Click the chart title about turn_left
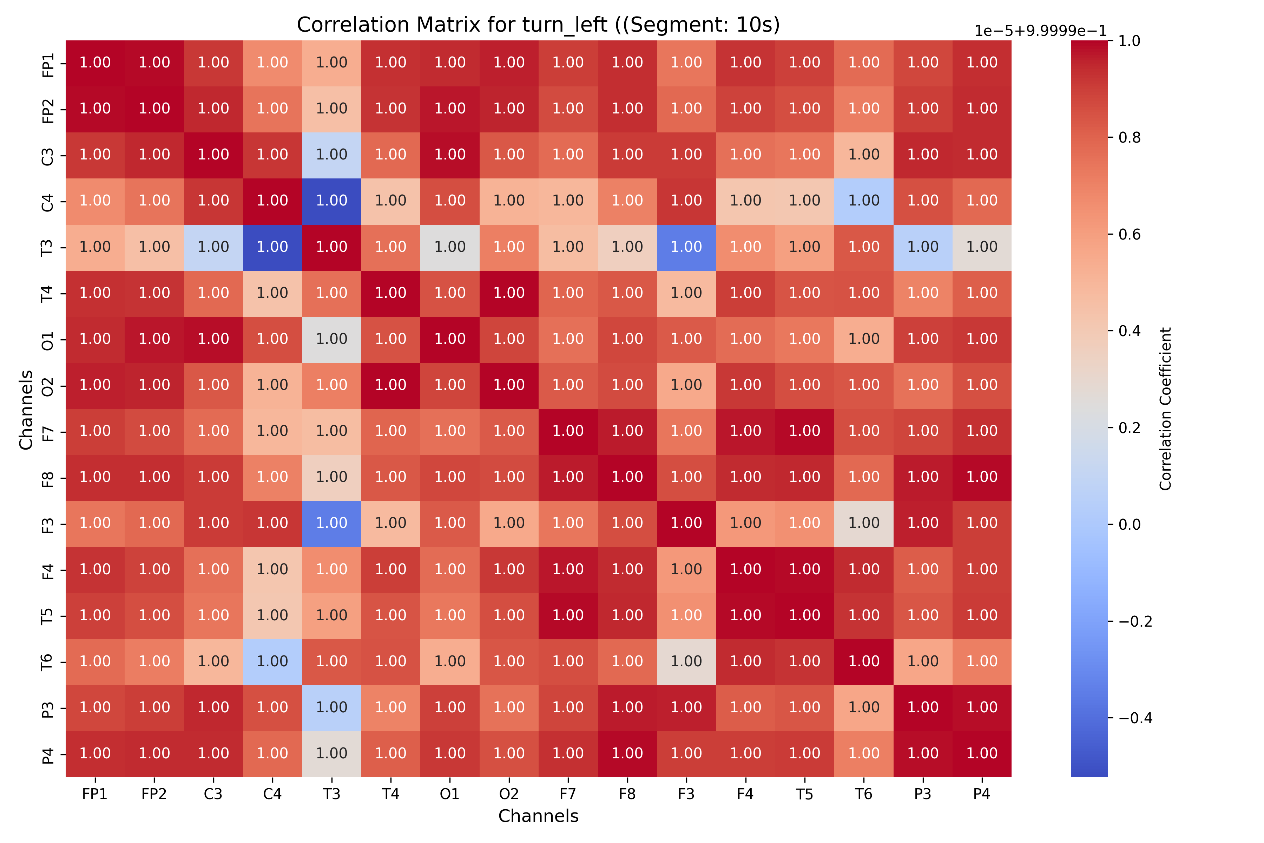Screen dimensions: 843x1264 [x=538, y=25]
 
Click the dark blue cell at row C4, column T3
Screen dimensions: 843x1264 [x=331, y=201]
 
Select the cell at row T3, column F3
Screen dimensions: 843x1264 [x=686, y=247]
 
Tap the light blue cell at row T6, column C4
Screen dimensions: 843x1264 [x=272, y=662]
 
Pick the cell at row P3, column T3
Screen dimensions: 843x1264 [x=331, y=707]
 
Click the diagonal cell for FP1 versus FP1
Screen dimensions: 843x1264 [x=95, y=63]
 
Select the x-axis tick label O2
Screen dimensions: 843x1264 [x=509, y=794]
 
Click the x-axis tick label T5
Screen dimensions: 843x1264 [x=804, y=794]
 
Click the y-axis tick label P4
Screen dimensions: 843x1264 [x=48, y=754]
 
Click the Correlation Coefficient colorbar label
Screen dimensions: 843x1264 [x=1165, y=409]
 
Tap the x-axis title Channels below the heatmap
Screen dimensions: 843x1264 [x=538, y=816]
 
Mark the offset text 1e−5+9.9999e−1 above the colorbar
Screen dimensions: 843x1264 [x=1040, y=31]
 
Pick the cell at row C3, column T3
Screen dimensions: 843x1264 [x=331, y=155]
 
